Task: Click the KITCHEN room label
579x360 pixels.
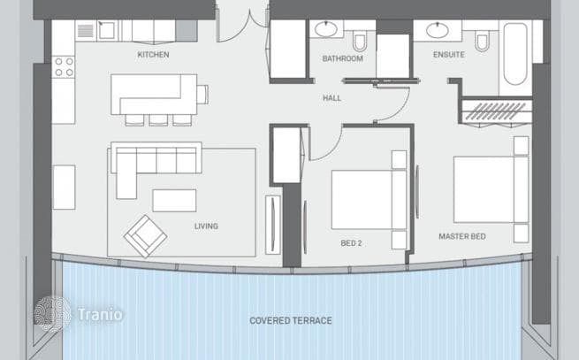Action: click(x=153, y=55)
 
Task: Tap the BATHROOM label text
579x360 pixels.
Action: click(x=342, y=58)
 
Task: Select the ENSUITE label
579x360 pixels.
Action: click(x=449, y=55)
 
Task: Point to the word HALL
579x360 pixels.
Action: click(x=332, y=98)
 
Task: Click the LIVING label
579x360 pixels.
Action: click(x=206, y=226)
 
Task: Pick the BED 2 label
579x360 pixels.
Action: click(x=351, y=243)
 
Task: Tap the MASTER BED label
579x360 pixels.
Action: click(x=462, y=236)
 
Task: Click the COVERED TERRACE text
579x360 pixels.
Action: click(x=291, y=320)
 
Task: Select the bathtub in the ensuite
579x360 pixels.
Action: click(x=515, y=54)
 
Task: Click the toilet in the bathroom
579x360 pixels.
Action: click(x=360, y=42)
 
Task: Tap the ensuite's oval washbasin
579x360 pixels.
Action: click(x=438, y=30)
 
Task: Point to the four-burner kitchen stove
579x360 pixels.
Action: click(x=63, y=67)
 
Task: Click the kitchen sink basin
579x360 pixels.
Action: click(x=107, y=30)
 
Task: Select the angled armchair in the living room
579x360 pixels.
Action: click(x=145, y=236)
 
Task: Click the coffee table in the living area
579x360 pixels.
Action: click(x=174, y=201)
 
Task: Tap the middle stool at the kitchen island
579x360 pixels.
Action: click(x=158, y=120)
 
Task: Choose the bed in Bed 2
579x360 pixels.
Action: click(x=369, y=200)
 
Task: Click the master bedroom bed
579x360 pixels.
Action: click(x=491, y=189)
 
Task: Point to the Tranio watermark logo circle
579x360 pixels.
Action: click(x=52, y=314)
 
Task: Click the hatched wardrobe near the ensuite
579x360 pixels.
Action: click(x=495, y=111)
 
